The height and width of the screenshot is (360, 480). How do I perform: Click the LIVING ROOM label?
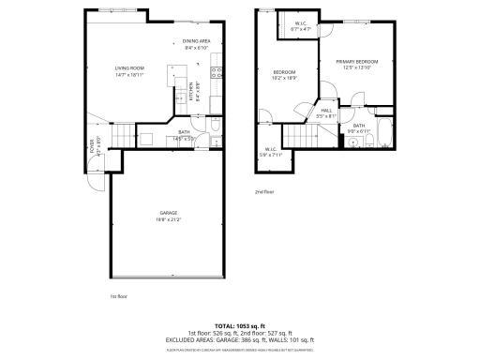tap(128, 67)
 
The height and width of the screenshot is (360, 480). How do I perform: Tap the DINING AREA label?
tap(196, 41)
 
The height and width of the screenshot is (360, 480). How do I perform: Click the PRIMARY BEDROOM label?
tap(357, 62)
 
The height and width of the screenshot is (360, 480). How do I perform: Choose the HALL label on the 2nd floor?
tap(327, 111)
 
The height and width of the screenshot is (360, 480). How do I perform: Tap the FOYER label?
tap(92, 142)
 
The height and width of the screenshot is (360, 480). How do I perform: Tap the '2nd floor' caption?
tap(263, 191)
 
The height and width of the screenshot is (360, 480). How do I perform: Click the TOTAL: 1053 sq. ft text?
tap(239, 324)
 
